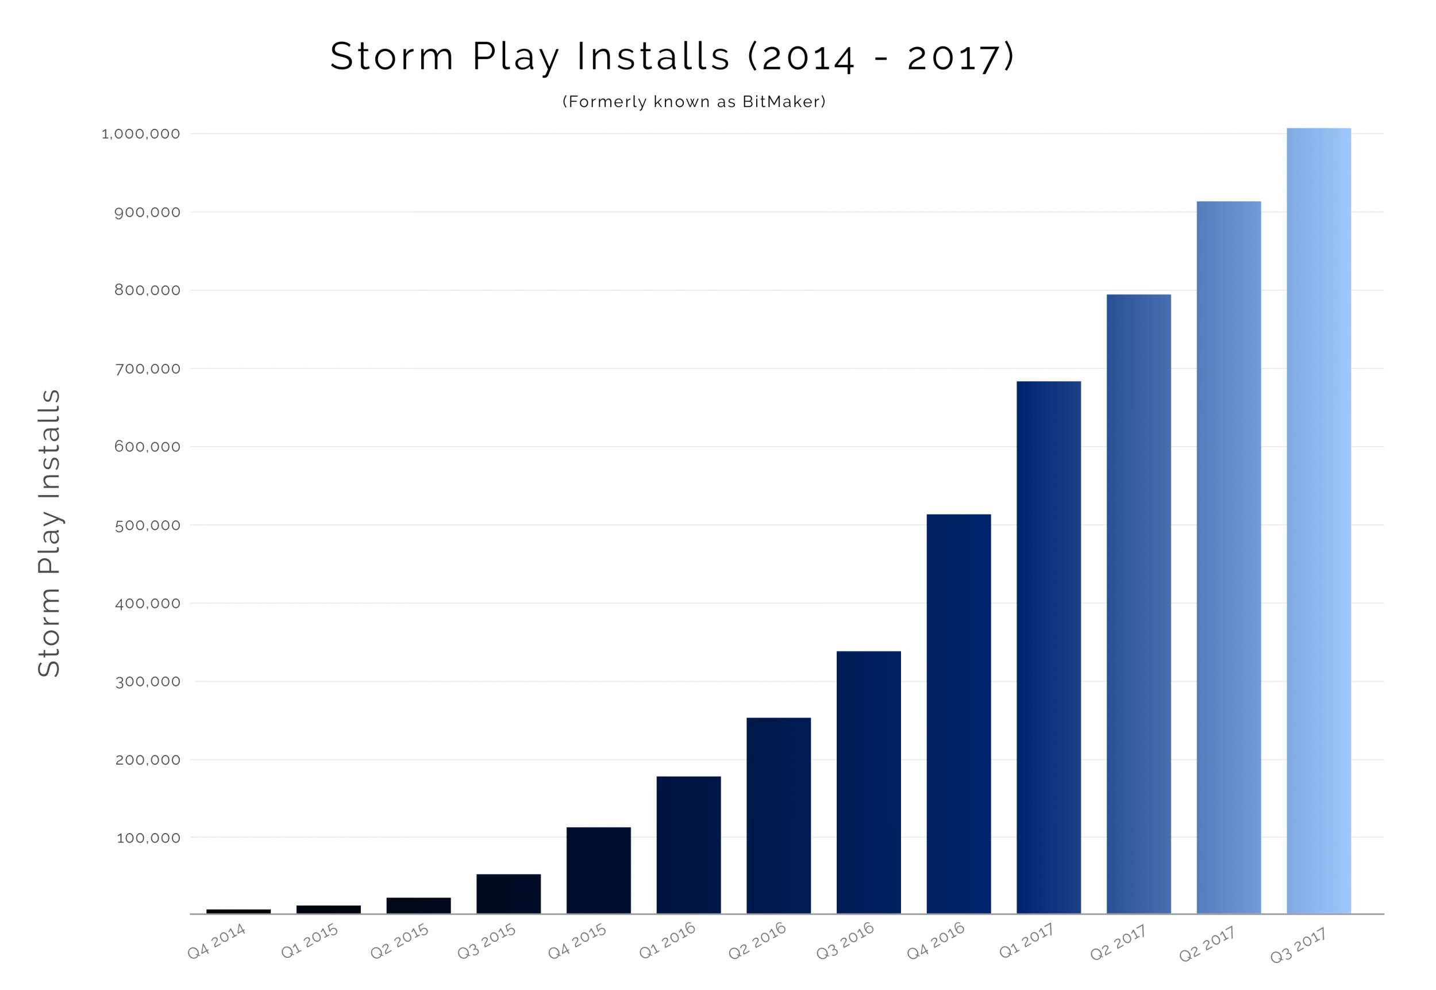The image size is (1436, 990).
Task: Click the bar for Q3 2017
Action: [1318, 521]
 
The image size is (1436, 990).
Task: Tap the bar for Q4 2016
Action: [958, 713]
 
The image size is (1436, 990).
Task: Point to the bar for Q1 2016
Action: [688, 845]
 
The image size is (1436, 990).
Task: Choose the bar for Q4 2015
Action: [598, 870]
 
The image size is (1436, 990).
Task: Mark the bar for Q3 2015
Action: [509, 893]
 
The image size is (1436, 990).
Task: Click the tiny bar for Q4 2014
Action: [238, 911]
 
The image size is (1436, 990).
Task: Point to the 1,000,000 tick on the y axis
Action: [141, 134]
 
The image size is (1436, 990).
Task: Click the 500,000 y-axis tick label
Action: [147, 525]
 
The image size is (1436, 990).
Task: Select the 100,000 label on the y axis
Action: [148, 838]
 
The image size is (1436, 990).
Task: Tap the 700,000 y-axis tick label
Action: [147, 369]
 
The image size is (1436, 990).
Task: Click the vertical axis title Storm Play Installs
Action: [49, 533]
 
